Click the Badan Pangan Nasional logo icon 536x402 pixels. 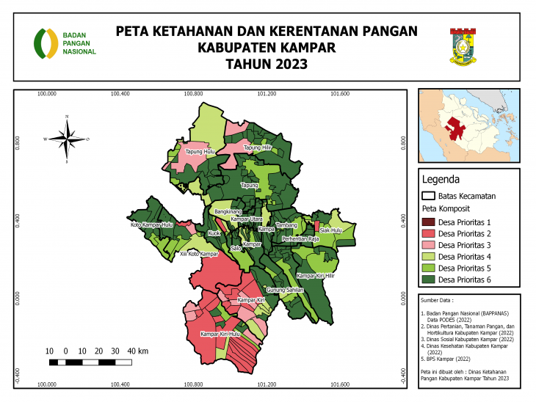pos(46,43)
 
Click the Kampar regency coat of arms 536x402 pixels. pos(463,47)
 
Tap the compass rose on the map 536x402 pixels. pos(66,138)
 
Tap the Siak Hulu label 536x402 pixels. pos(331,230)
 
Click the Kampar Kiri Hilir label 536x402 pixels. pos(315,276)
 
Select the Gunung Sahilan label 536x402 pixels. pos(285,290)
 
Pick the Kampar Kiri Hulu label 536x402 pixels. pos(220,334)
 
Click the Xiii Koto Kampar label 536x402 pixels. pos(200,254)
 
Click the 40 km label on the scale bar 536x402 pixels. pos(137,351)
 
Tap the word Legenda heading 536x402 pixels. pos(441,179)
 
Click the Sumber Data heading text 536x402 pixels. pos(438,301)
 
